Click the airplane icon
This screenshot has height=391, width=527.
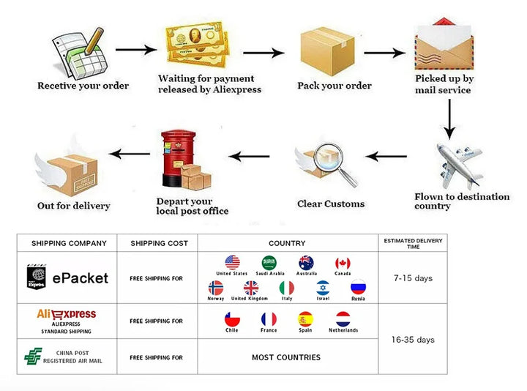[x=460, y=165]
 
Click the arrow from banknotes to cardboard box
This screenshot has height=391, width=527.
[x=263, y=53]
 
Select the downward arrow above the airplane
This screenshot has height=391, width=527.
[x=449, y=119]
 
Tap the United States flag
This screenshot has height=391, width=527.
[x=232, y=263]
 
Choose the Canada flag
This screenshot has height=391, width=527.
[x=343, y=263]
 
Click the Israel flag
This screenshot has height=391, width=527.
[x=323, y=288]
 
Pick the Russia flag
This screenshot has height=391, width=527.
[x=358, y=288]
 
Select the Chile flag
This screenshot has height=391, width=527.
[x=232, y=319]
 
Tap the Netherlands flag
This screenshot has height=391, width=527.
[x=343, y=319]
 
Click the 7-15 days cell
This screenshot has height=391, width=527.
[x=414, y=279]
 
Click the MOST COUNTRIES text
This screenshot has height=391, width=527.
[x=286, y=357]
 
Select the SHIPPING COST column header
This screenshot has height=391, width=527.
[x=159, y=243]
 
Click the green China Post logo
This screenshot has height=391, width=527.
[x=33, y=357]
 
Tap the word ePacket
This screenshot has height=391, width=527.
[x=80, y=278]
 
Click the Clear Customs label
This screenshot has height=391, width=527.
[x=331, y=204]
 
